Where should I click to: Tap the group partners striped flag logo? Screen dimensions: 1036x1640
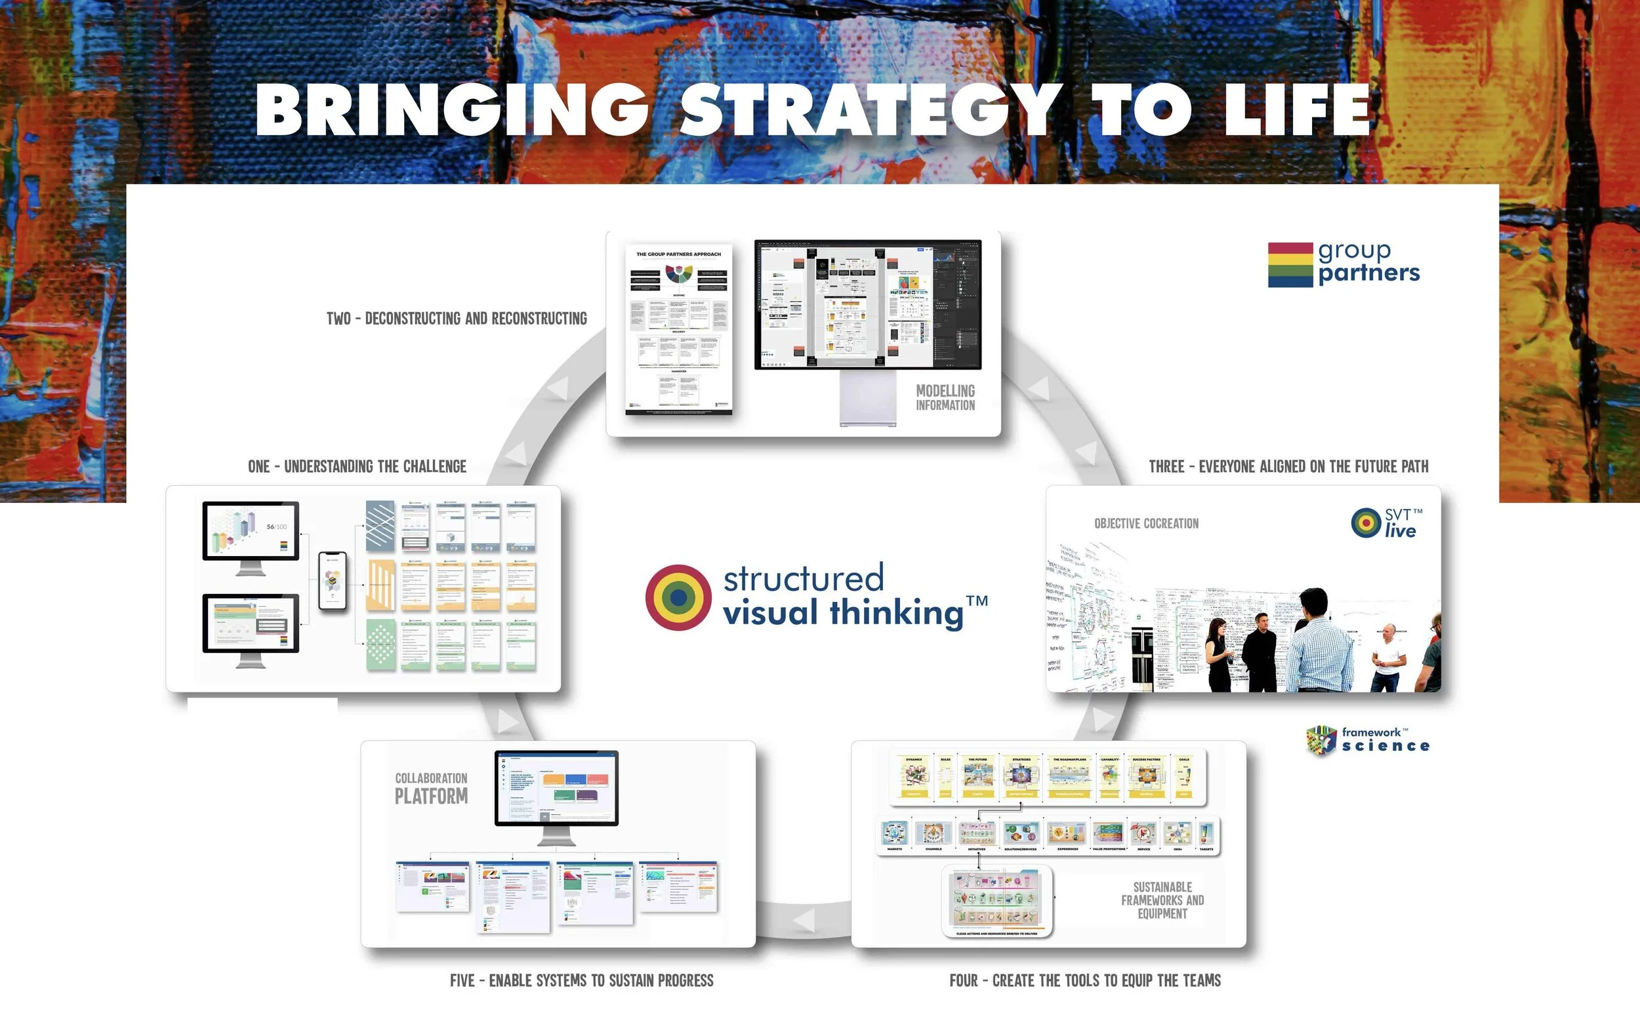coord(1290,265)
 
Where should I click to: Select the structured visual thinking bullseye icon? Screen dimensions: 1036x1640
coord(678,597)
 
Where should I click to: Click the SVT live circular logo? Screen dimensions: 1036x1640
coord(1366,523)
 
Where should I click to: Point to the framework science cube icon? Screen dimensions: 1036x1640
coord(1321,740)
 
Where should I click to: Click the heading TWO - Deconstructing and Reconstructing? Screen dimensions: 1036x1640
coord(457,319)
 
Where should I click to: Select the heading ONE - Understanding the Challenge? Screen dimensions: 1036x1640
coord(357,466)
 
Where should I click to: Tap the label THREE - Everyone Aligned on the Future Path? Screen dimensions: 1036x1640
coord(1288,466)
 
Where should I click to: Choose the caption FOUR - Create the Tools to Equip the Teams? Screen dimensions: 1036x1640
coord(1085,980)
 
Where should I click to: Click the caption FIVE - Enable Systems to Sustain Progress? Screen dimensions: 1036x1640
coord(582,980)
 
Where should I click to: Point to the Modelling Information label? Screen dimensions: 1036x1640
coord(945,397)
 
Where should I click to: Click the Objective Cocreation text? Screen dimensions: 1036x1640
coord(1146,523)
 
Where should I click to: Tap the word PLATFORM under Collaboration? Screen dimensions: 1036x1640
coord(431,797)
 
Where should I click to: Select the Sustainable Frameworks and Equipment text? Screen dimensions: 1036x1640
coord(1162,900)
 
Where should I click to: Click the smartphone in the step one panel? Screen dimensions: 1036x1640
coord(333,581)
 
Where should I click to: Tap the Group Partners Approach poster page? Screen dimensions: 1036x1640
coord(679,329)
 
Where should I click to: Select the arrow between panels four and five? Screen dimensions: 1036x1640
coord(804,921)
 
